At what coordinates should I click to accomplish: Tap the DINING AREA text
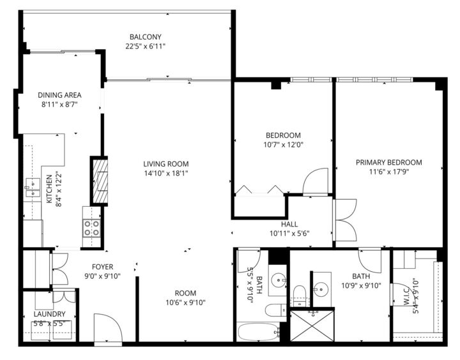point(59,95)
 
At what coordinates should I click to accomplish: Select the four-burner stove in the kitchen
point(91,228)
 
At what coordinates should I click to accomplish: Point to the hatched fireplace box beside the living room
point(99,181)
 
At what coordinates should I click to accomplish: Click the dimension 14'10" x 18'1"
point(165,173)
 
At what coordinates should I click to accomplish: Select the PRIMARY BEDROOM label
point(388,162)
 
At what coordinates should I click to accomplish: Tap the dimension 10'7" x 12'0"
point(283,144)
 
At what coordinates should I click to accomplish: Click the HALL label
point(289,224)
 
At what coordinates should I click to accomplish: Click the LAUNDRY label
point(49,314)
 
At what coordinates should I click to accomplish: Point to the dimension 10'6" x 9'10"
point(185,303)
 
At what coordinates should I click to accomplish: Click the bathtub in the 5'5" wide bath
point(257,333)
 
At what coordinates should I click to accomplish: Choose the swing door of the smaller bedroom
point(316,181)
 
